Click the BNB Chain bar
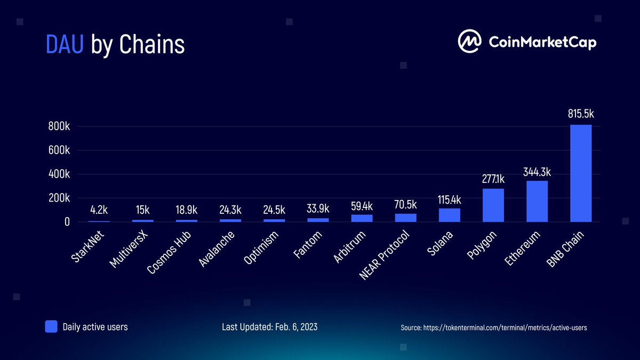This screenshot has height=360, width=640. point(581,173)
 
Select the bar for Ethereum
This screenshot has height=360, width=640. point(537,201)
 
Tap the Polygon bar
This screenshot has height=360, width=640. point(493,205)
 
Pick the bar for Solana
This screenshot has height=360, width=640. point(450,214)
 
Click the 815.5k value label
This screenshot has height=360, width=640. point(581,114)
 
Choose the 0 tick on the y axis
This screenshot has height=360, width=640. point(67,221)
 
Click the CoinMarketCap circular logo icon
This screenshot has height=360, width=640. point(469,42)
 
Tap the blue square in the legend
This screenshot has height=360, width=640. point(51,326)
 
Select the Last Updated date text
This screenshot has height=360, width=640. point(269,326)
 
